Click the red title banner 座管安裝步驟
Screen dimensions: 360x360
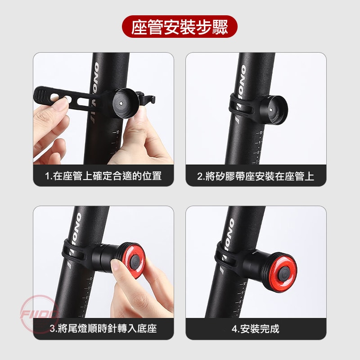click(x=180, y=27)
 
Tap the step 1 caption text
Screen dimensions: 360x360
click(x=103, y=176)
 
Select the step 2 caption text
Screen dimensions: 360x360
click(x=256, y=176)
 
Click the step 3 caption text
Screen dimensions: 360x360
click(x=103, y=328)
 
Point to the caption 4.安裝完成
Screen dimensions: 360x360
click(x=256, y=329)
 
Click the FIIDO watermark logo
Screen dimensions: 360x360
click(x=40, y=314)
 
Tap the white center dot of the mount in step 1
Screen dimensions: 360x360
click(x=121, y=103)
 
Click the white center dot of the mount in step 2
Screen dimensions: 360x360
click(x=271, y=110)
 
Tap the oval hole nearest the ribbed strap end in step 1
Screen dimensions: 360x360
click(x=55, y=97)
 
